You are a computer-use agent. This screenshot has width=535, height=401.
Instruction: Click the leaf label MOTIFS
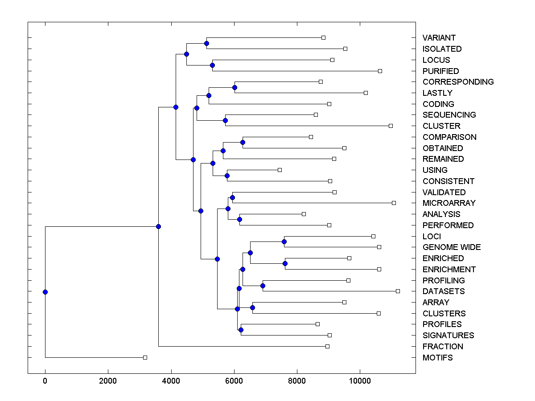(437, 358)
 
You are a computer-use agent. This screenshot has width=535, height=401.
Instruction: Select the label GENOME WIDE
(452, 247)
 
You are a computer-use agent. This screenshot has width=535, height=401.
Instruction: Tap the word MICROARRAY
(449, 203)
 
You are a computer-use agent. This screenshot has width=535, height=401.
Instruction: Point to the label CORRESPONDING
(458, 82)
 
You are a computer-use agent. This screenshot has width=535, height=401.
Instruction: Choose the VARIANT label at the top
(439, 38)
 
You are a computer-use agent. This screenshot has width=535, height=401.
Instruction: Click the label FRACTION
(442, 347)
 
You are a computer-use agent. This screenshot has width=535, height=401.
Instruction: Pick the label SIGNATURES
(448, 336)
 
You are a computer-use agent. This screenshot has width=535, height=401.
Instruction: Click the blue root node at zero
(45, 292)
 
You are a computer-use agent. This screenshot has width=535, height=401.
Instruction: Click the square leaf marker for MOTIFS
(145, 357)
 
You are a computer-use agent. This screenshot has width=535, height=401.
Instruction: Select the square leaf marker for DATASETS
(398, 291)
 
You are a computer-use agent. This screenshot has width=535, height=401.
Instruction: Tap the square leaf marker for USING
(280, 170)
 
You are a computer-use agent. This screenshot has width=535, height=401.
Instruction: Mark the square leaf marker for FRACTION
(327, 346)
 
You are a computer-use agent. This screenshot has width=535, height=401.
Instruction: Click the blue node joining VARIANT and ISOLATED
(206, 43)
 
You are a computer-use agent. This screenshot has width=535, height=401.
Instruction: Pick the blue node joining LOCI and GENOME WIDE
(284, 241)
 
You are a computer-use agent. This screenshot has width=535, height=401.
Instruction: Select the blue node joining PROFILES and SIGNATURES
(241, 330)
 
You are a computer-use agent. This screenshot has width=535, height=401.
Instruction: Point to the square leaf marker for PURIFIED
(380, 71)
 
